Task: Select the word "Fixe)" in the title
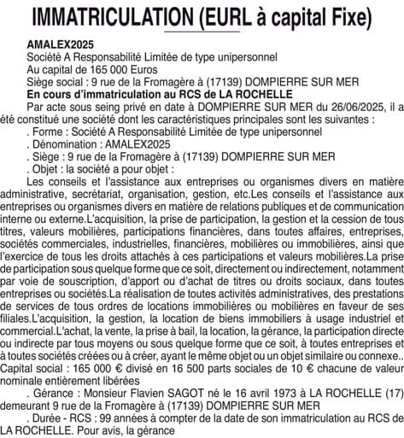(x=350, y=17)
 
